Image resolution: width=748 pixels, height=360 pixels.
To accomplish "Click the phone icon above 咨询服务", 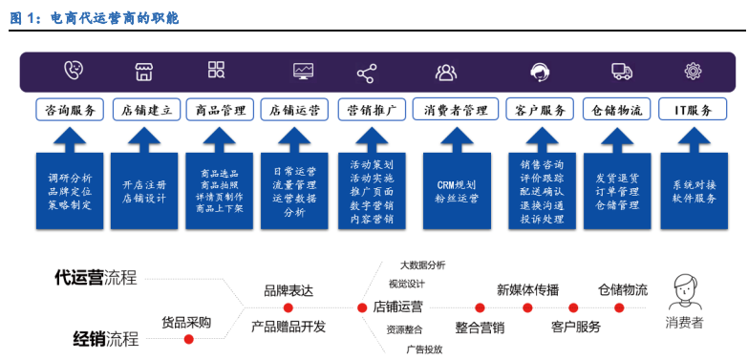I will pos(73,71).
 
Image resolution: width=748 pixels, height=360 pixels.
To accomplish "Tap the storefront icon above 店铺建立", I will pos(144,71).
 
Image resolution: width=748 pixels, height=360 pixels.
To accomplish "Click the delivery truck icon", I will pos(621,71).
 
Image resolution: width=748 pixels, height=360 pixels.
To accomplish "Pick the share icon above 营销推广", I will pos(366,73).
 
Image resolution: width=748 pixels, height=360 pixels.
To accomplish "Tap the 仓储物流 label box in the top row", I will pos(616,109).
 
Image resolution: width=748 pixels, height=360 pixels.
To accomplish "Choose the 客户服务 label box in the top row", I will pos(540,109).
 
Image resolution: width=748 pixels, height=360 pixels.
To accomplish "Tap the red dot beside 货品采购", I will pos(189,338).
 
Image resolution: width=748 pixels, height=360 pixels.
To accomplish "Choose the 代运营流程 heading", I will pos(96,278).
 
